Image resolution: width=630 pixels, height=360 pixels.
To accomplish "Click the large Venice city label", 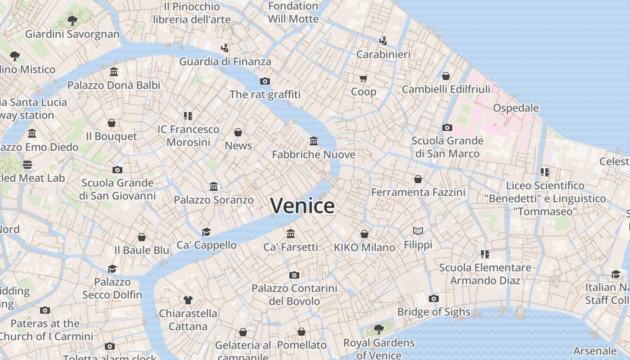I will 302,206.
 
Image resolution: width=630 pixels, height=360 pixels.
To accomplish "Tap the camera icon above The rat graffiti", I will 265,81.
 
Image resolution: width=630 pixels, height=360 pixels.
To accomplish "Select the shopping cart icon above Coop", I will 363,78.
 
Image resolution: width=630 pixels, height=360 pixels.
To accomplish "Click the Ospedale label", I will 516,108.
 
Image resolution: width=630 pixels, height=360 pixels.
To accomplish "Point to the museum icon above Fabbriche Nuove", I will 314,141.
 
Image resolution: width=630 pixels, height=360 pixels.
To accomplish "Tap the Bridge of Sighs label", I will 433,312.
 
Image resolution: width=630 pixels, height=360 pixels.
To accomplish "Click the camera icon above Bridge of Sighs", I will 433,298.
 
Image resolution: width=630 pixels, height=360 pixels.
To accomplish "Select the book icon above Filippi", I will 418,231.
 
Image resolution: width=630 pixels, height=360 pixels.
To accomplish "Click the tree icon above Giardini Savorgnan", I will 72,20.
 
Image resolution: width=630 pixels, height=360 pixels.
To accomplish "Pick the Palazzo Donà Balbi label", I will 114,85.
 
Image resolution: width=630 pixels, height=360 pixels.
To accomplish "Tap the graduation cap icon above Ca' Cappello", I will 206,232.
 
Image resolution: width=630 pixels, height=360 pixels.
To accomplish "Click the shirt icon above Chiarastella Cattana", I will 188,300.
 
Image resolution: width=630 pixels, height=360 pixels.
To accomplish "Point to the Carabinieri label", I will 383,54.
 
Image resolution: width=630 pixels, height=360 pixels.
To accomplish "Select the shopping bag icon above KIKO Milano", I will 364,234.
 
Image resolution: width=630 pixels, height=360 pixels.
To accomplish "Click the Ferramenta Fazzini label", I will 418,193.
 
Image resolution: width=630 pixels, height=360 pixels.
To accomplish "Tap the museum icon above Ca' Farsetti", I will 291,234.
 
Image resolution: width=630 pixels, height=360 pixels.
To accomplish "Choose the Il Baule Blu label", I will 142,250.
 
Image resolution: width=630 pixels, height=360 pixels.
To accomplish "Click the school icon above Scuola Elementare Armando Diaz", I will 485,254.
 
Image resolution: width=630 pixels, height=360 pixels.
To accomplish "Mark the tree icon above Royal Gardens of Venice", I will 379,329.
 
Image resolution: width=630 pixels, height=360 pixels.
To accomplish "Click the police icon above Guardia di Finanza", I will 225,48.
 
